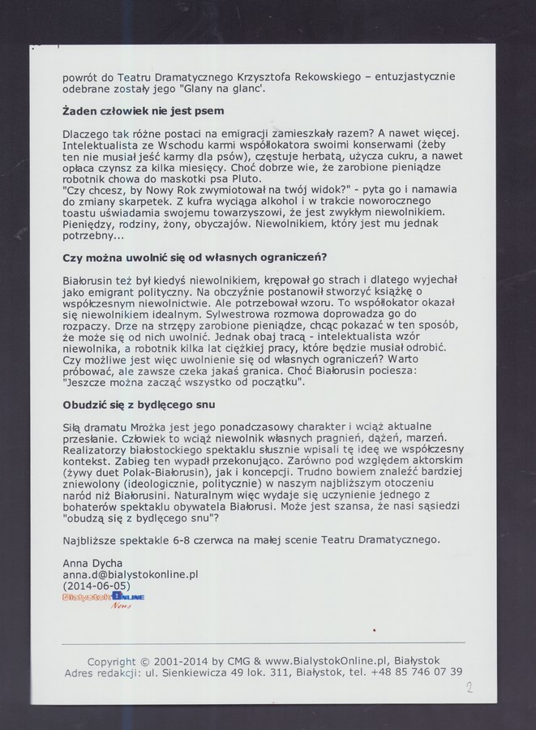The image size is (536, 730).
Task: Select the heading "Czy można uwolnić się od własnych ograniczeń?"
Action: tap(195, 257)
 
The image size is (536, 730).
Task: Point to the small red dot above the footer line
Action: tap(374, 629)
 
